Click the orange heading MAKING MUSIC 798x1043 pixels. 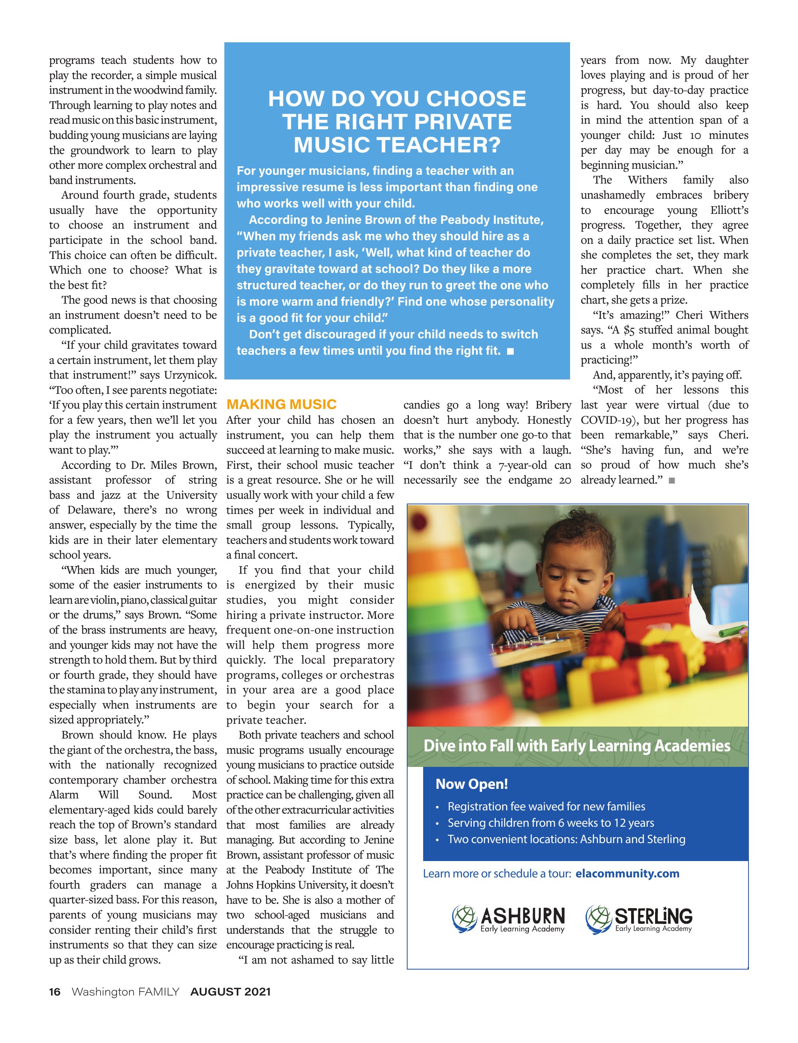[x=281, y=404]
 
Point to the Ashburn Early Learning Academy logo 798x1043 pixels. [x=509, y=919]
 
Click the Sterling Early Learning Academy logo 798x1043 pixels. [x=639, y=919]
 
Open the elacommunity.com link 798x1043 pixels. [x=627, y=873]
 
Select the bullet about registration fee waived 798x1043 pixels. [x=546, y=806]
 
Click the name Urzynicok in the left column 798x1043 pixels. [x=190, y=375]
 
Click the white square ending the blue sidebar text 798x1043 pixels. [x=511, y=351]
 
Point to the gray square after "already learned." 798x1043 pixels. [x=671, y=480]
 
